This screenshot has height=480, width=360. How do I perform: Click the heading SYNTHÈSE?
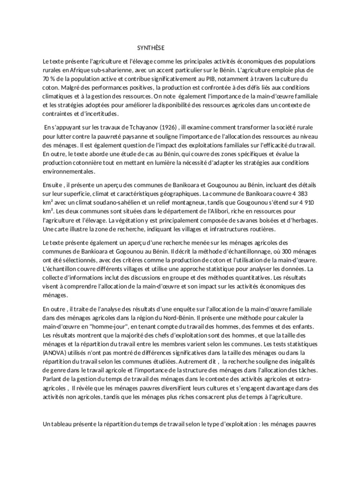click(x=150, y=48)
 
